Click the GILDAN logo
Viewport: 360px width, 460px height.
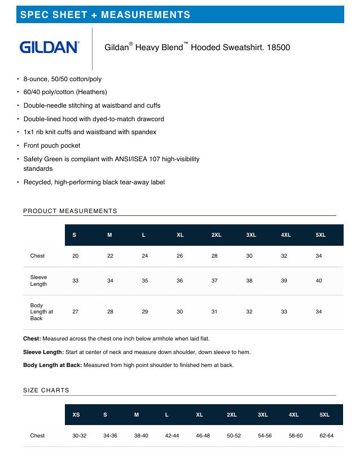click(49, 47)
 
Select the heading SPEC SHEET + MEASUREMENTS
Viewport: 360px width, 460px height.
click(105, 15)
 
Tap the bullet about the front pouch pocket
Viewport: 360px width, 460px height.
click(52, 145)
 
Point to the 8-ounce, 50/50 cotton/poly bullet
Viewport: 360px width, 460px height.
click(62, 79)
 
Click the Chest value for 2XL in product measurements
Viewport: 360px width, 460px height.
click(214, 256)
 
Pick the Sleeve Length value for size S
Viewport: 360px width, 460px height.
click(75, 281)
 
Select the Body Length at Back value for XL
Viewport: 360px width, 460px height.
click(179, 312)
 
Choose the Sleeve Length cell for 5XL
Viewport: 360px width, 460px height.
click(319, 281)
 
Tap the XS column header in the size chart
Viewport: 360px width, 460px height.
click(76, 415)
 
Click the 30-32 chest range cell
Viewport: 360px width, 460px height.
click(79, 436)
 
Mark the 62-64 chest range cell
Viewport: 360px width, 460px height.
click(326, 436)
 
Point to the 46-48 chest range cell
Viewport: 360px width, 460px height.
click(203, 436)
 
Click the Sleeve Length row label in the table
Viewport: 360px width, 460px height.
click(38, 281)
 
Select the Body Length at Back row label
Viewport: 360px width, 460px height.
click(41, 312)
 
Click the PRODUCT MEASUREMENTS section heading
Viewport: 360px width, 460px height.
click(70, 211)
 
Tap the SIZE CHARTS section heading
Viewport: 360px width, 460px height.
click(46, 390)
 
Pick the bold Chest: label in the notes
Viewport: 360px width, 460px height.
click(32, 339)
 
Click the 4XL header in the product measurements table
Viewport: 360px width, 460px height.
click(286, 235)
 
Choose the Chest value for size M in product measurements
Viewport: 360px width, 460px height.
click(110, 256)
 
